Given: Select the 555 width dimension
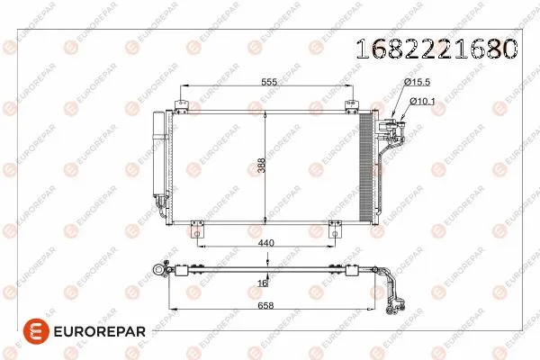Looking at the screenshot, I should (269, 80).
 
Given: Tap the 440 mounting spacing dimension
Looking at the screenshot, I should (267, 243).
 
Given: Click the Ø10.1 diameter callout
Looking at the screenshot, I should (423, 101).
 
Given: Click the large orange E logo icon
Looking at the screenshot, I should (31, 332).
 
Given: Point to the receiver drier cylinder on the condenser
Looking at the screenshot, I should (160, 162).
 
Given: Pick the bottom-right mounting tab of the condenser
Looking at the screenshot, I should (339, 228).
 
